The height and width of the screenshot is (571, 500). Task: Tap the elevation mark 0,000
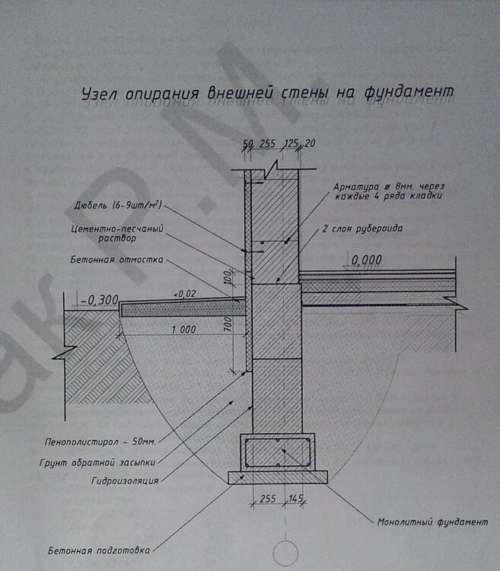(367, 260)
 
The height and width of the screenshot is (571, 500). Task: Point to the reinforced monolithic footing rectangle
(275, 452)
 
